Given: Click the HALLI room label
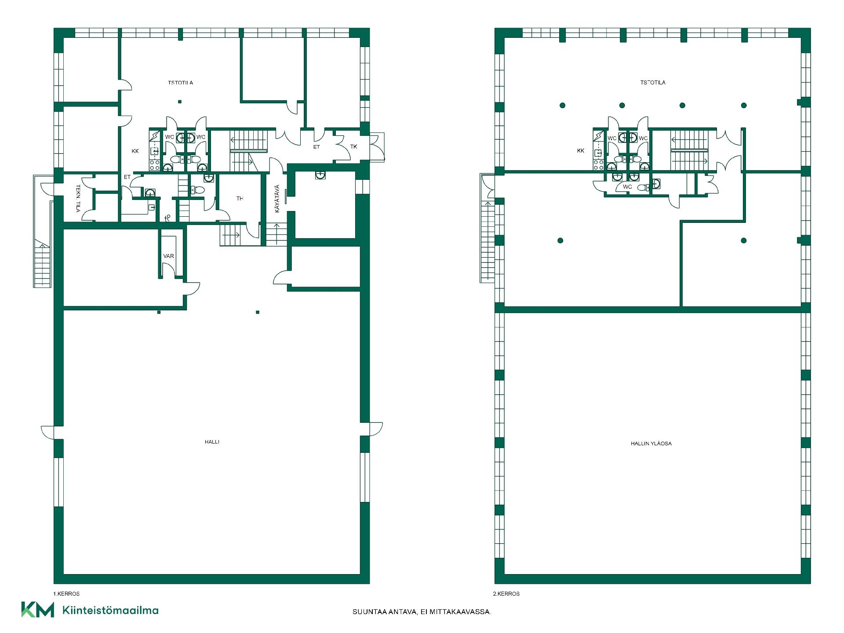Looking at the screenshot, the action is [212, 442].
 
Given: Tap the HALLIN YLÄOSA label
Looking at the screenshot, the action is [651, 444].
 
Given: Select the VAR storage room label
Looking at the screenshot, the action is [168, 256].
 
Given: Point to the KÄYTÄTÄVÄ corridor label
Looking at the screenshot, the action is [277, 199].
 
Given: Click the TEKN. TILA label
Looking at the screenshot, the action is [78, 199].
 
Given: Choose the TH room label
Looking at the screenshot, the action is [240, 199].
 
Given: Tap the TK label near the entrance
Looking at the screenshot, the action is [354, 147].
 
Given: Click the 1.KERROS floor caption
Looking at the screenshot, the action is [66, 594].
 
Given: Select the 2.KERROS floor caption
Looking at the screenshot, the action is [506, 594].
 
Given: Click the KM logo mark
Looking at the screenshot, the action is [38, 610].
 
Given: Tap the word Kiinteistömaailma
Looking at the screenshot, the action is [111, 610].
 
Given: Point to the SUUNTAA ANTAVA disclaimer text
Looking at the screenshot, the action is [422, 612].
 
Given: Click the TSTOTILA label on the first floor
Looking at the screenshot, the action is [180, 83].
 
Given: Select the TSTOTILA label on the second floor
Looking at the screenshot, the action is [653, 82].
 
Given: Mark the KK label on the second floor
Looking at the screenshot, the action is [581, 151].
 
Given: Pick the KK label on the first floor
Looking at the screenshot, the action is [135, 151].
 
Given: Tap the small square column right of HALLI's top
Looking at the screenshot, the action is [258, 313].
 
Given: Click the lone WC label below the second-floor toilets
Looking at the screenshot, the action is [627, 187].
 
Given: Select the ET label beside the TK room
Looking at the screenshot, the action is [316, 147].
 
